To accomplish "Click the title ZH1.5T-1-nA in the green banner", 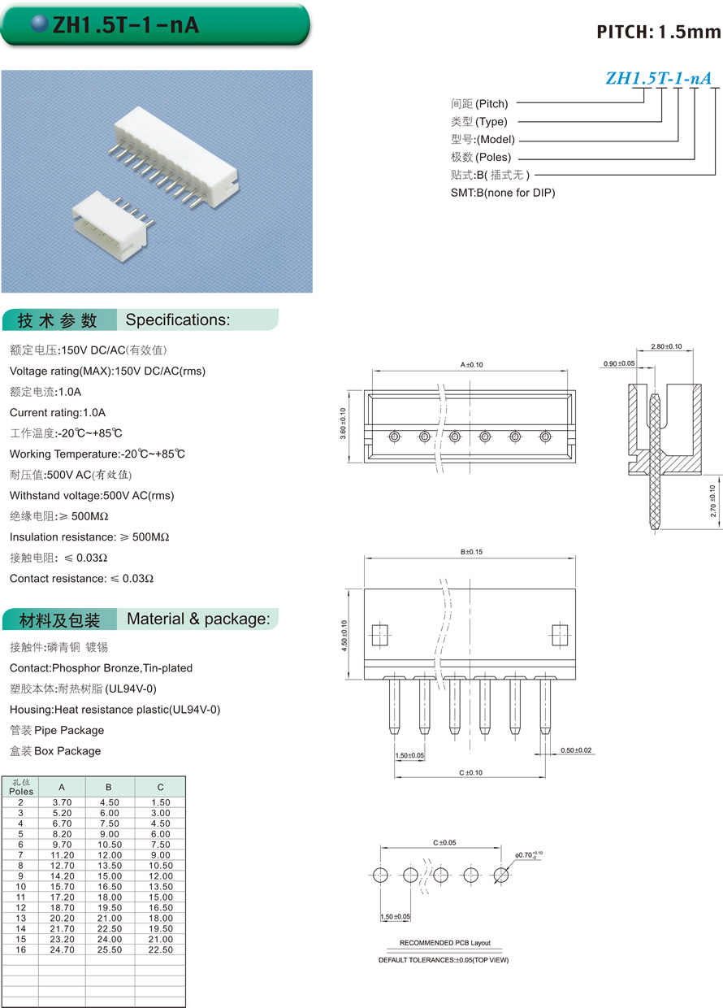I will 126,25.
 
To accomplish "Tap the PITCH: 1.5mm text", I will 658,32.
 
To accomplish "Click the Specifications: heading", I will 178,319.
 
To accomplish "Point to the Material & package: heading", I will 198,619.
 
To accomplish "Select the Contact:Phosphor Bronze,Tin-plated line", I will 101,667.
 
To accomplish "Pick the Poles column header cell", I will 21,787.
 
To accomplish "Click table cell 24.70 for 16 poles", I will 63,949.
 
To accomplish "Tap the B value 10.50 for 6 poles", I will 109,844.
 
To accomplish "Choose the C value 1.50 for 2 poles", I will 160,802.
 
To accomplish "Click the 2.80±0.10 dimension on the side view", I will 666,346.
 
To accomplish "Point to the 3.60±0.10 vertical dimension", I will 343,424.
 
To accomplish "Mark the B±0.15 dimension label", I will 471,552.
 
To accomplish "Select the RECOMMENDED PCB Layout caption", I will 444,943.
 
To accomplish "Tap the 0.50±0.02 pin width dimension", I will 576,749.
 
